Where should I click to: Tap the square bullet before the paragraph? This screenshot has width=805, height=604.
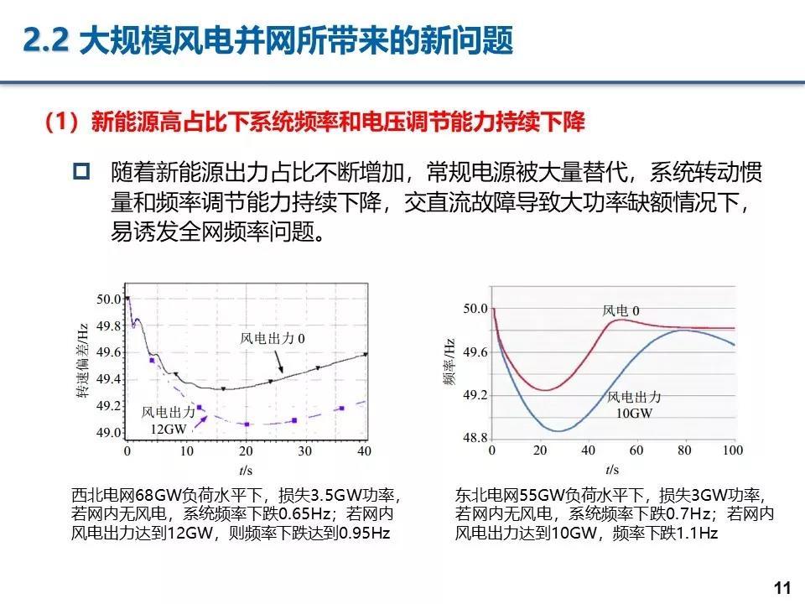tap(81, 173)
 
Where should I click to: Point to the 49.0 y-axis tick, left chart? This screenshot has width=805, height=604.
tap(109, 433)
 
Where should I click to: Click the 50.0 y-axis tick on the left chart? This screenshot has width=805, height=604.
tap(109, 298)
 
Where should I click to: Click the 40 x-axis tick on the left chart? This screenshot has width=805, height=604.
tap(364, 451)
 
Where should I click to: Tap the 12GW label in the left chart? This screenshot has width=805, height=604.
tap(168, 429)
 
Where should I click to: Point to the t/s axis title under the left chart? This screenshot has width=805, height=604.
tap(245, 468)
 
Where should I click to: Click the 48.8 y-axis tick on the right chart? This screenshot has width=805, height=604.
tap(474, 438)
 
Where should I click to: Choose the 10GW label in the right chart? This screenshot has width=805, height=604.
tap(635, 413)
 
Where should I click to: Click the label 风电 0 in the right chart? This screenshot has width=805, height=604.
tap(621, 311)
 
